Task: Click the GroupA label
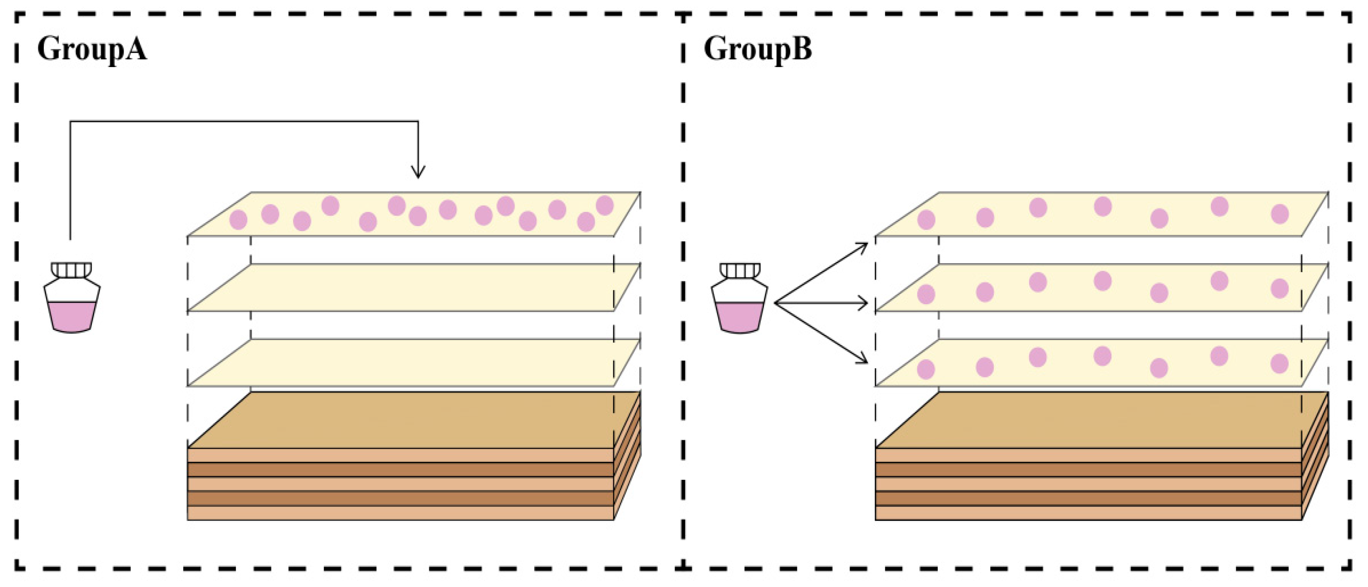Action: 91,49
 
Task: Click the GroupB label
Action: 757,49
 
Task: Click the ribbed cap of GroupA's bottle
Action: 71,270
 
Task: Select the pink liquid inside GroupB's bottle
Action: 739,317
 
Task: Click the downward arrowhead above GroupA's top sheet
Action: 418,171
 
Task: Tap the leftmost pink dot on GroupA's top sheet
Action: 238,219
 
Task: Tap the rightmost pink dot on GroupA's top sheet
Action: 605,205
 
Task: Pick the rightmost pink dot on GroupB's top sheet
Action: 1279,214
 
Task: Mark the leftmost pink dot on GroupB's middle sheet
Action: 926,294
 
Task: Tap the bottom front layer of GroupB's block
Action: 1088,513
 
